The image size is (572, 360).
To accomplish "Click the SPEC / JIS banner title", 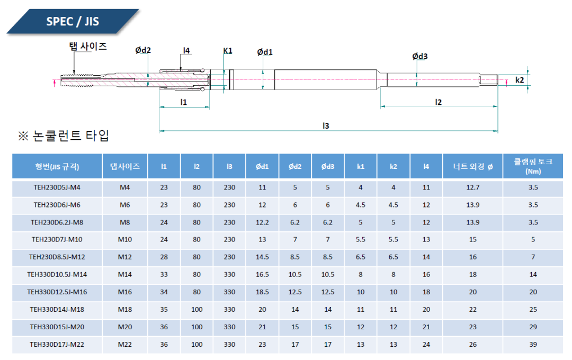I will pos(73,22).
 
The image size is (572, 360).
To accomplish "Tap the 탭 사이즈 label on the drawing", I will pos(88,47).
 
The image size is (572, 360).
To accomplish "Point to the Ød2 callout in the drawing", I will pos(143,50).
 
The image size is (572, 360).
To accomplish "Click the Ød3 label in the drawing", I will pos(420,57).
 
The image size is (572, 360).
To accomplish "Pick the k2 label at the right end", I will pos(520,80).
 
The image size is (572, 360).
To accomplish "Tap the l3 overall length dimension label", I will pos(326,125).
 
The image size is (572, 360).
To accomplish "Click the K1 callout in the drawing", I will pos(228,51).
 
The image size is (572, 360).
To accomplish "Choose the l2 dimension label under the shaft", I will pos(438,102).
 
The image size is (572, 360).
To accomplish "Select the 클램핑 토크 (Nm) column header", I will pos(533,166).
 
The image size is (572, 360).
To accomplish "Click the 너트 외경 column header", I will pos(472,166).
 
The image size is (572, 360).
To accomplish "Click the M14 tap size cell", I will pos(125,275).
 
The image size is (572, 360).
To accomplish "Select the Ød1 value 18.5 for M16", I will pos(262,292).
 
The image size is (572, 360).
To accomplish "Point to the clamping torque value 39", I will pos(533,345).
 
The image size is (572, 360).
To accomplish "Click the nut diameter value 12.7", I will pos(472,187).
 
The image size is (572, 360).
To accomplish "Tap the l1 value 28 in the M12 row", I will pos(164,257).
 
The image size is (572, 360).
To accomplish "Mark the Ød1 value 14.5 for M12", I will pos(262,257).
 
